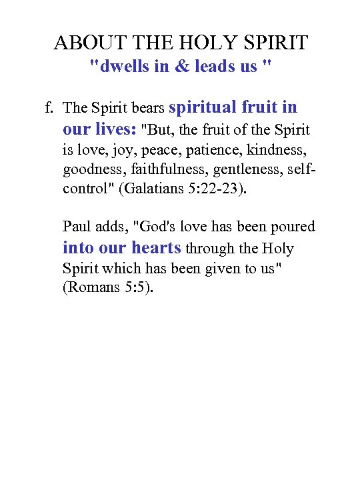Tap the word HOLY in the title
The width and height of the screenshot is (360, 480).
pyautogui.click(x=205, y=43)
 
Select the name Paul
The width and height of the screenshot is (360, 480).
pyautogui.click(x=76, y=227)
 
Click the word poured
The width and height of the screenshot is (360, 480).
pyautogui.click(x=291, y=227)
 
